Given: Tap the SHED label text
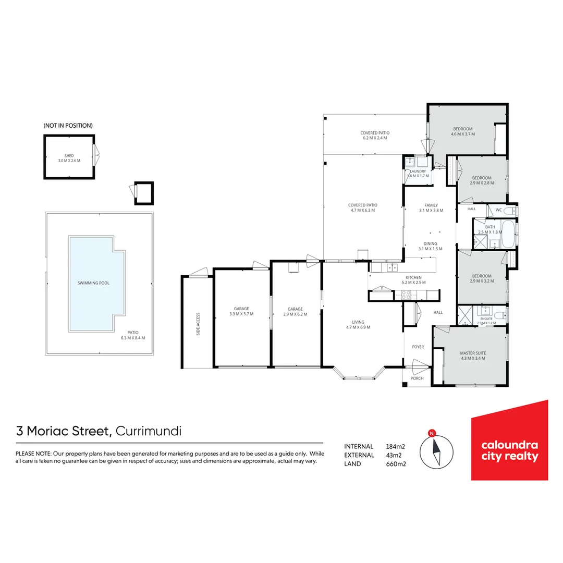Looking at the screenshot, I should point(69,156).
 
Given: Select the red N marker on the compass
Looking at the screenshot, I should point(431,433).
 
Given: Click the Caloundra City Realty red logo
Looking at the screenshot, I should point(509,440).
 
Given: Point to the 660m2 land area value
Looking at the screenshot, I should point(396,464).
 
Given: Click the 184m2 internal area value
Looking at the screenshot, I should point(396,446).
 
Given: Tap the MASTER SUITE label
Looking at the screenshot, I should point(473,353).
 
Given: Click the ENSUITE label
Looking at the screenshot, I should point(486,319).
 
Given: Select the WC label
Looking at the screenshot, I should point(498,210).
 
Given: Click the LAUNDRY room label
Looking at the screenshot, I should point(419,171).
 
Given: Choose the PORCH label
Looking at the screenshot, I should point(418,378).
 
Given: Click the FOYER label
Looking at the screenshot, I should point(418,347).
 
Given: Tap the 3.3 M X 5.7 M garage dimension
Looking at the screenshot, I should point(241,314).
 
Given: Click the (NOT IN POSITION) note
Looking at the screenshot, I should point(68,126).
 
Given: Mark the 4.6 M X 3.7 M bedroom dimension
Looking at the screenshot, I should point(462,134).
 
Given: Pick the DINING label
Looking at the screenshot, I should point(430,243).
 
